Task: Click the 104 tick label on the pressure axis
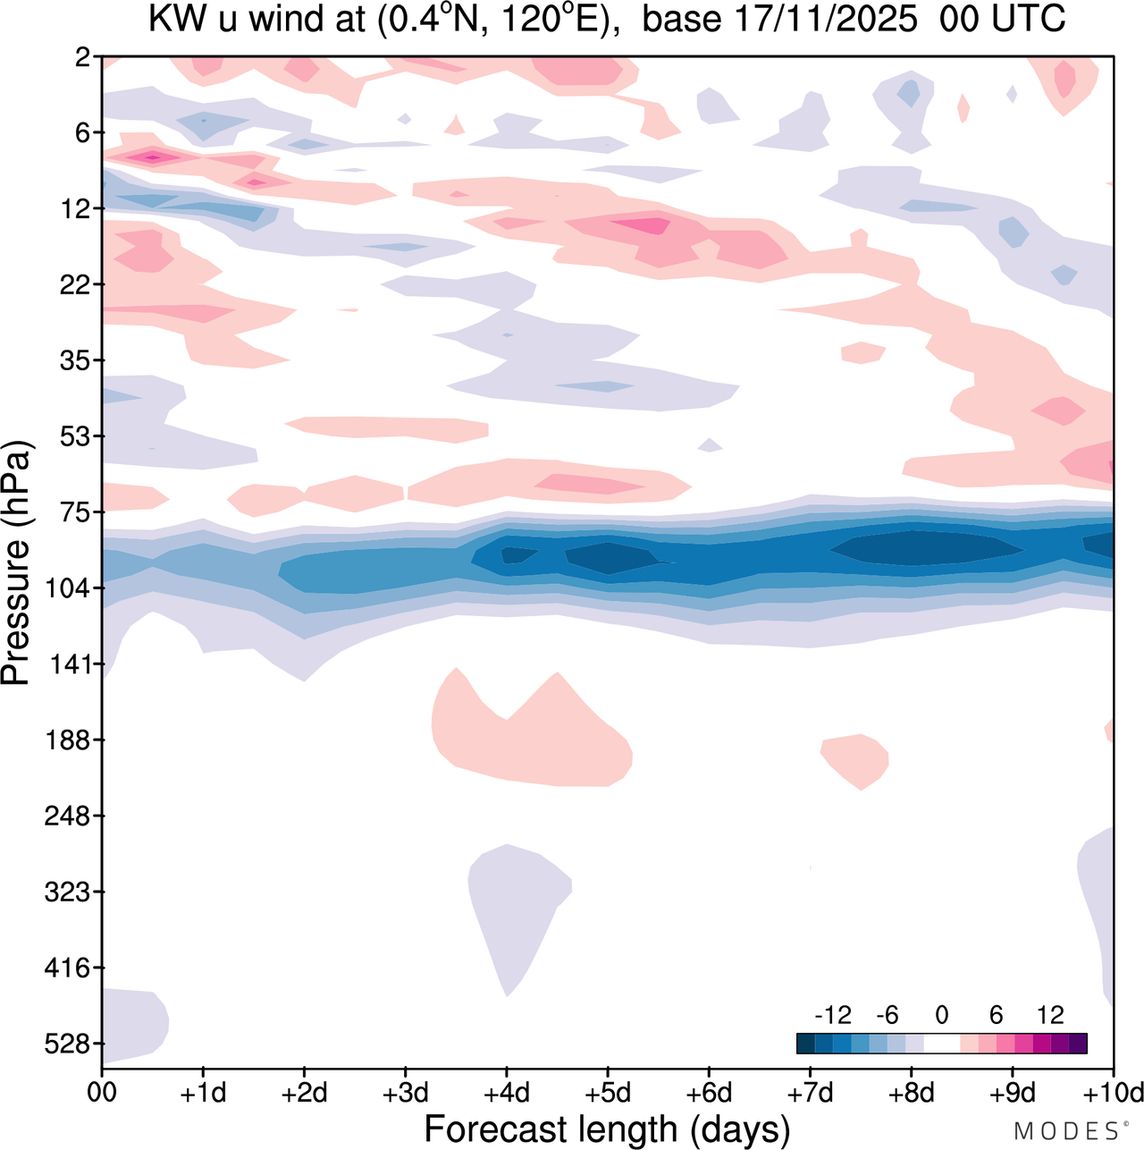(62, 588)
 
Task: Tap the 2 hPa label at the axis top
(83, 57)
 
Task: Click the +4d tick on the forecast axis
(507, 1093)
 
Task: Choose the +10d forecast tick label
(1113, 1093)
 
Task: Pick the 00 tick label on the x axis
(102, 1093)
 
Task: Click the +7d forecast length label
(810, 1093)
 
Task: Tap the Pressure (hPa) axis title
(17, 563)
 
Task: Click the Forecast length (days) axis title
(607, 1129)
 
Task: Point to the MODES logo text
(1066, 1131)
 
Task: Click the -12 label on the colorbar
(832, 1015)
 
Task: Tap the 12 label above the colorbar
(1050, 1015)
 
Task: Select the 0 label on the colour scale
(941, 1015)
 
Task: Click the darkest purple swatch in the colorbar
(1078, 1043)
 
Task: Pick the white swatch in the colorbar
(941, 1043)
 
